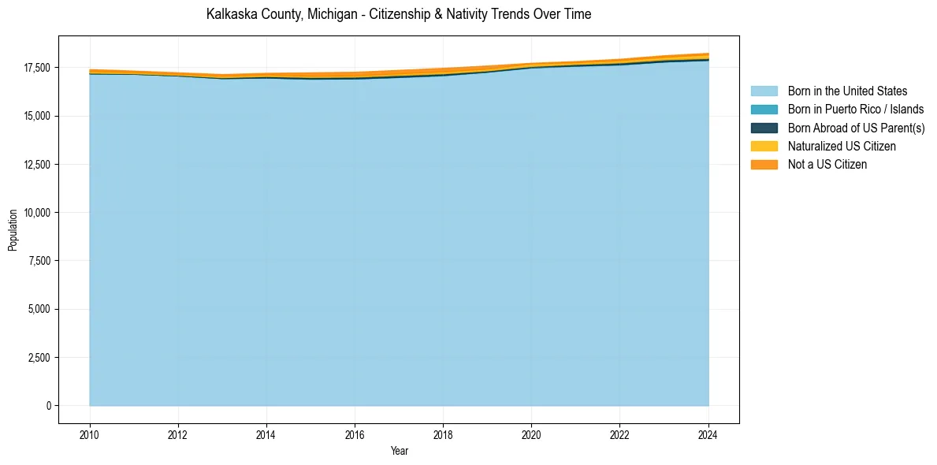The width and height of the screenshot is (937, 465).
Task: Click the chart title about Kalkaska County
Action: pyautogui.click(x=398, y=14)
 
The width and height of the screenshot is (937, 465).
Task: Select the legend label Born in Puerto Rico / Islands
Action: pyautogui.click(x=856, y=110)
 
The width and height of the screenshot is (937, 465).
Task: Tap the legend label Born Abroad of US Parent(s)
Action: pyautogui.click(x=856, y=128)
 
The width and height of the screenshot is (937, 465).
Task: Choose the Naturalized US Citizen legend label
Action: pyautogui.click(x=842, y=147)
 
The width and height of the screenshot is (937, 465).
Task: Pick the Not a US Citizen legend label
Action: pyautogui.click(x=827, y=165)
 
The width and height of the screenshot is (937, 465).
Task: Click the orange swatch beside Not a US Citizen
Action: pyautogui.click(x=764, y=165)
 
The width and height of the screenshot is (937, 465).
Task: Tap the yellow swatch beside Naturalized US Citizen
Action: pyautogui.click(x=764, y=147)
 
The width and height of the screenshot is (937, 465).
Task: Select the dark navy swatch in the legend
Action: pyautogui.click(x=764, y=128)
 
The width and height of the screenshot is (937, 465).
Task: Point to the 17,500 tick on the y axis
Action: pyautogui.click(x=37, y=69)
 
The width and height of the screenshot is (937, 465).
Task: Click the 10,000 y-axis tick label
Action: pyautogui.click(x=37, y=213)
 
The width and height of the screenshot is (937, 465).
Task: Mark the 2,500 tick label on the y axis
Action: pyautogui.click(x=39, y=358)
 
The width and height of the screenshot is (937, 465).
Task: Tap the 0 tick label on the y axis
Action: pyautogui.click(x=47, y=406)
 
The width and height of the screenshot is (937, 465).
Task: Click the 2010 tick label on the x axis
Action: pyautogui.click(x=90, y=433)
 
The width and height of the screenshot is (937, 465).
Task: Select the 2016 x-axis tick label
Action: pyautogui.click(x=355, y=433)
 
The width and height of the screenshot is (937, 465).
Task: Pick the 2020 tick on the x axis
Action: pyautogui.click(x=531, y=433)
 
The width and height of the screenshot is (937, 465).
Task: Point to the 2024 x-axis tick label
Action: pyautogui.click(x=708, y=433)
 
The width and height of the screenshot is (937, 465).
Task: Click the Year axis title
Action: pyautogui.click(x=399, y=451)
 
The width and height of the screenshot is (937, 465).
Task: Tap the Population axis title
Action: pyautogui.click(x=13, y=230)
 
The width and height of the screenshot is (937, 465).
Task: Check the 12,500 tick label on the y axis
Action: pyautogui.click(x=37, y=165)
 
